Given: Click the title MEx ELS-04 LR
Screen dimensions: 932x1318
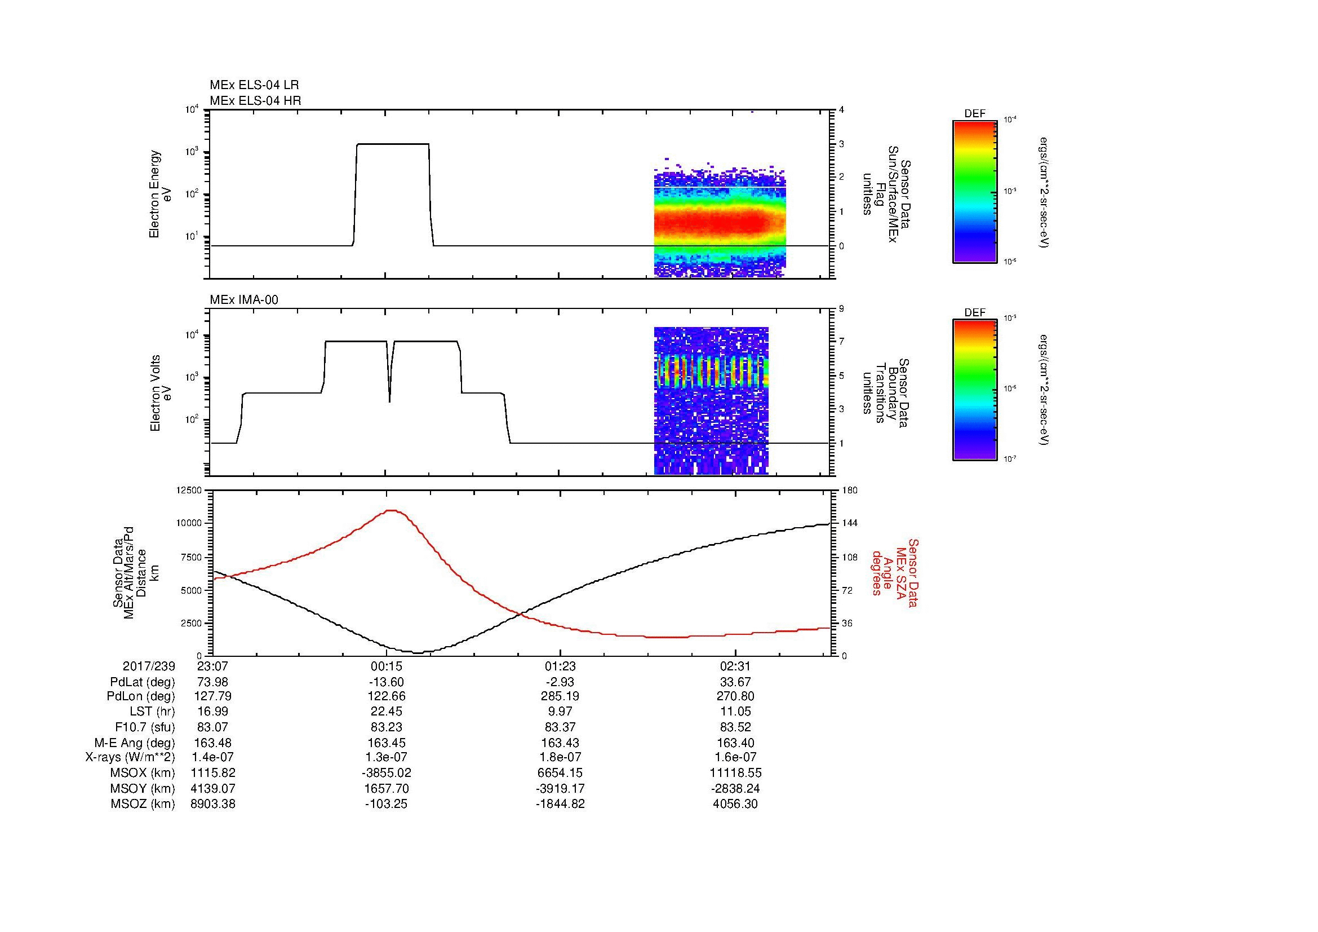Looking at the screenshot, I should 254,85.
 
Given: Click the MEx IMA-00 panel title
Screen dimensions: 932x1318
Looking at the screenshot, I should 243,300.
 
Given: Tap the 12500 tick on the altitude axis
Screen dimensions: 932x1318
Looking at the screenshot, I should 189,490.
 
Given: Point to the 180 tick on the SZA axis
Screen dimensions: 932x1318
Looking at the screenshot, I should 849,490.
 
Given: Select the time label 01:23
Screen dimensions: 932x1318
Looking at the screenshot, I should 560,666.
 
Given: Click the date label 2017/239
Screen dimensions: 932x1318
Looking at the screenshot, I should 149,666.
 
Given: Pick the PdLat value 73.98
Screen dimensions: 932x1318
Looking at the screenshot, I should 213,682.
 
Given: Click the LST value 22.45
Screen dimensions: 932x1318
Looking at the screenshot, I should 387,712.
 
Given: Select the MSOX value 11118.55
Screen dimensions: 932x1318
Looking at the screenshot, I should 735,773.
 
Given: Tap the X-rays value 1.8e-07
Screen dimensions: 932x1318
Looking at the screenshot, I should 560,757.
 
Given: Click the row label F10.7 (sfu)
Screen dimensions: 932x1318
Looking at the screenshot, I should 145,727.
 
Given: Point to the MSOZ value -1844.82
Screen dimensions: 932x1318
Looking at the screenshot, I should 560,804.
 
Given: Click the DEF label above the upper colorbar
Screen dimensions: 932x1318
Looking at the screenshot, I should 974,114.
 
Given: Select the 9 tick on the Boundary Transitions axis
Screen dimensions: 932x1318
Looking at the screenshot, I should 841,309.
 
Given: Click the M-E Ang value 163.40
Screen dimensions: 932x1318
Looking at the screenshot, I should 735,743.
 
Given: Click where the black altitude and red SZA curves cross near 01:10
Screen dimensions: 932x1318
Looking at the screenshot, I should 521,615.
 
